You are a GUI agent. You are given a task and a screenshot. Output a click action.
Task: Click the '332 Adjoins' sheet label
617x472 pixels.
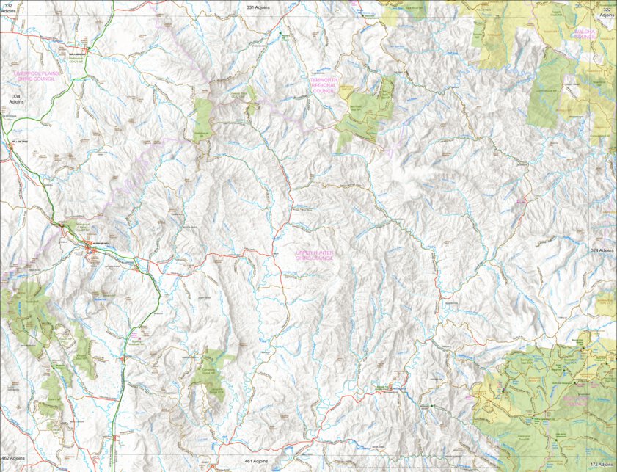tap(9, 9)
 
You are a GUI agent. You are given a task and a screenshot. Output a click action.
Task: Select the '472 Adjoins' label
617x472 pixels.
tap(601, 464)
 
